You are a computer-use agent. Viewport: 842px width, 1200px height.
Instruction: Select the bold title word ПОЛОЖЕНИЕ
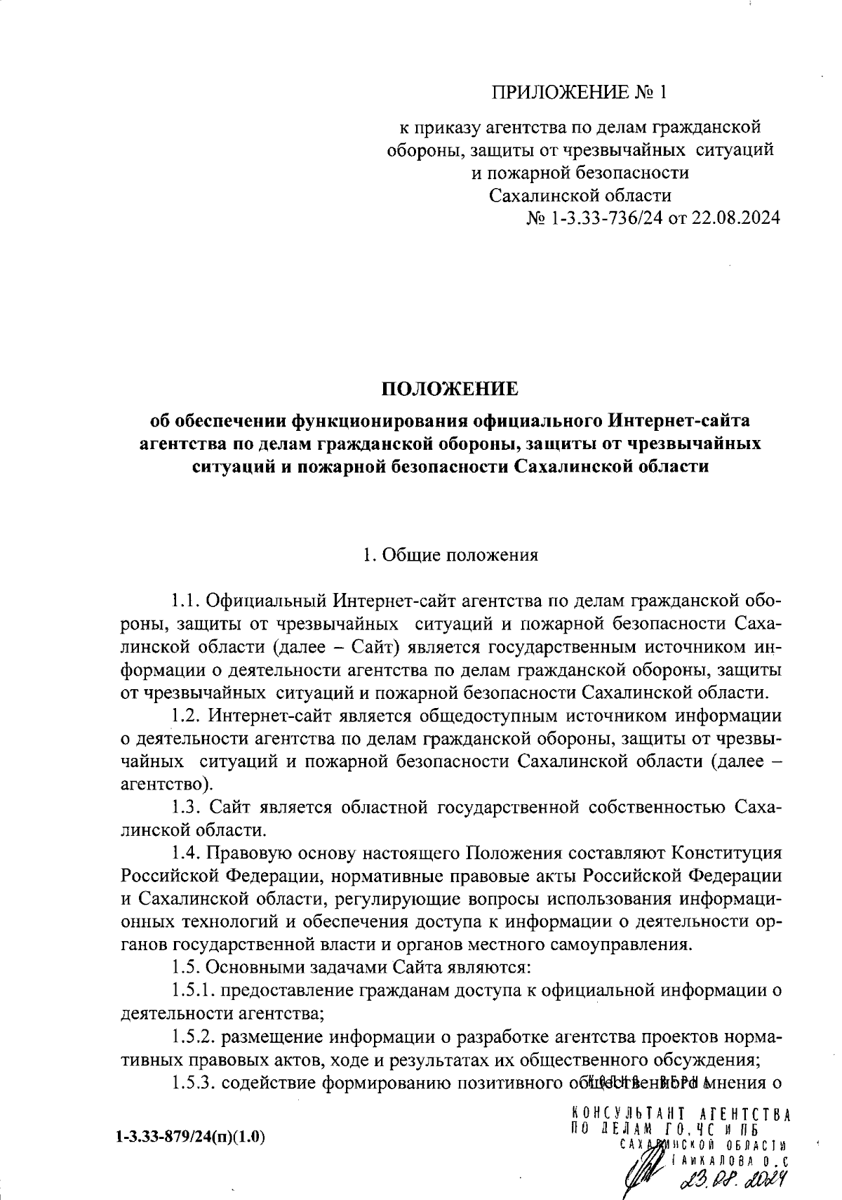point(449,388)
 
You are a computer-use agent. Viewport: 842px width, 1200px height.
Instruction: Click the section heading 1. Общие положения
point(450,555)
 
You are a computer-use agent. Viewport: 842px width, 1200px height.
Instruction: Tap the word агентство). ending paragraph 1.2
point(167,784)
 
